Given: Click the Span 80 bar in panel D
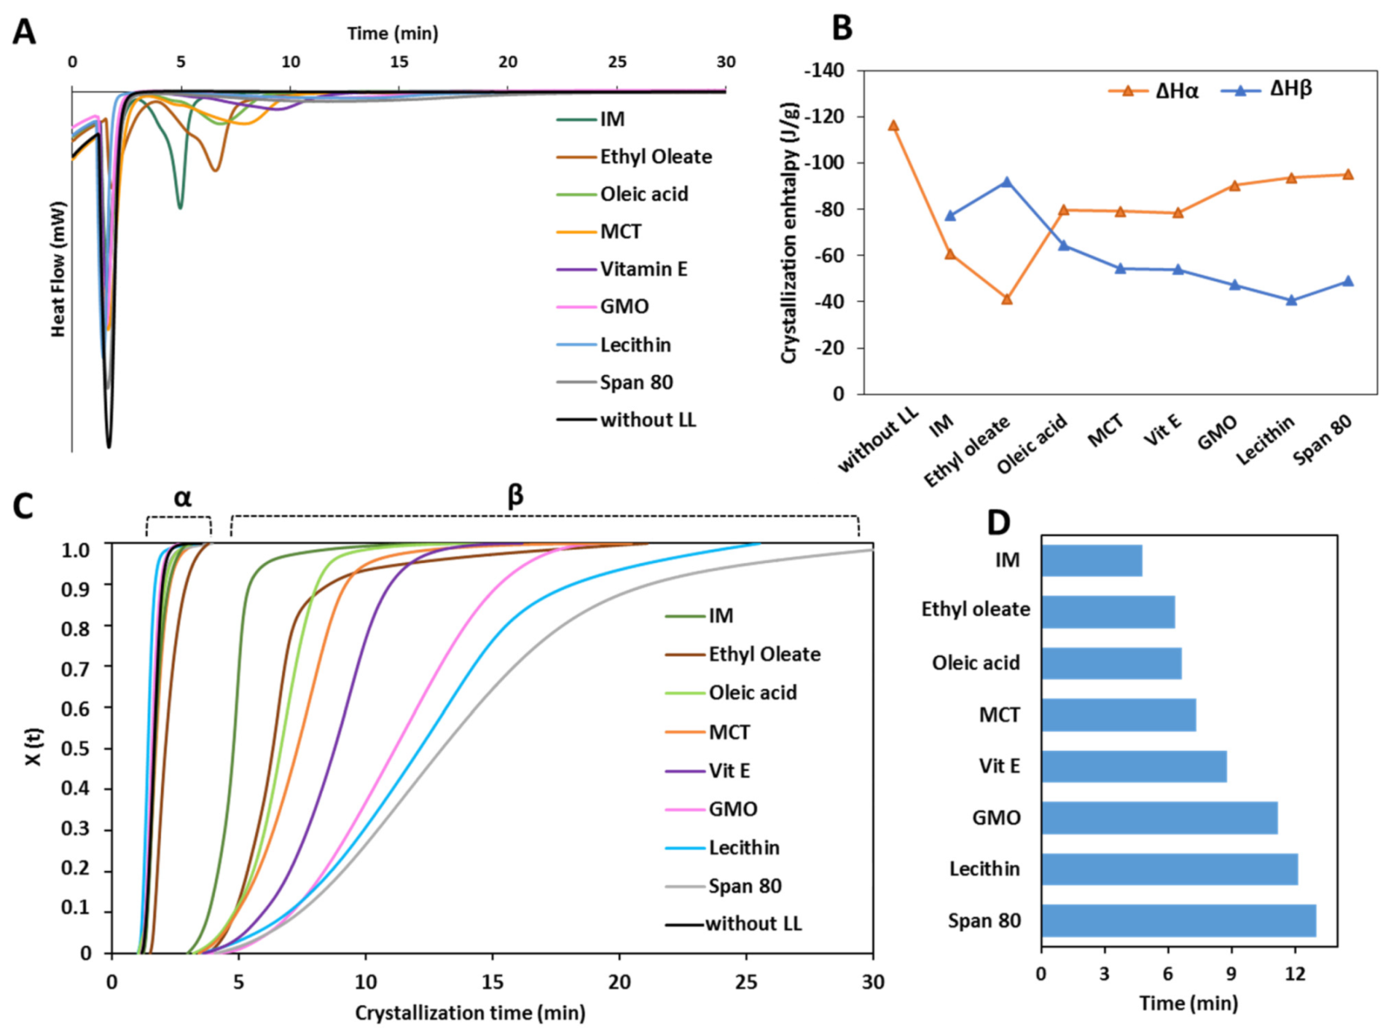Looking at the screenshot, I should click(x=1178, y=920).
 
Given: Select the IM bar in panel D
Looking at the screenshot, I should click(x=1091, y=560).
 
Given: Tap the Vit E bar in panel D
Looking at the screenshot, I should click(x=1134, y=766).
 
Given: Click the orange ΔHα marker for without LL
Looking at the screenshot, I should click(x=893, y=126).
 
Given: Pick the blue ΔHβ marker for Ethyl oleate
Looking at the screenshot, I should click(x=1006, y=182).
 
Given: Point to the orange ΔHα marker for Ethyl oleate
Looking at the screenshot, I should click(x=1006, y=299).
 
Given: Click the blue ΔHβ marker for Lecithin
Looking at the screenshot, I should click(x=1291, y=301).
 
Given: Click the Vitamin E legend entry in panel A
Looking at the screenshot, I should click(x=643, y=269).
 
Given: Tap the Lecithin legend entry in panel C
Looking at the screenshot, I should click(x=744, y=848).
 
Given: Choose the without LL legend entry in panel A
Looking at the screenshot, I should click(x=647, y=420).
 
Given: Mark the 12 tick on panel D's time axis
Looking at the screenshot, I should click(x=1295, y=973).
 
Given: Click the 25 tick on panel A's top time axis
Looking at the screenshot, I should click(x=617, y=62).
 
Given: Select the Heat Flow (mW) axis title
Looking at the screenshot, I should click(x=58, y=269).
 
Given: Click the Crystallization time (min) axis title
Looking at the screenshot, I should click(x=470, y=1013).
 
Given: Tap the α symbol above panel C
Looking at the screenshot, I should click(x=182, y=497).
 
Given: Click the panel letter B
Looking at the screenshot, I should click(x=841, y=28).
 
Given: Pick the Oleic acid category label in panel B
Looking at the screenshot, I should click(x=1033, y=444).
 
